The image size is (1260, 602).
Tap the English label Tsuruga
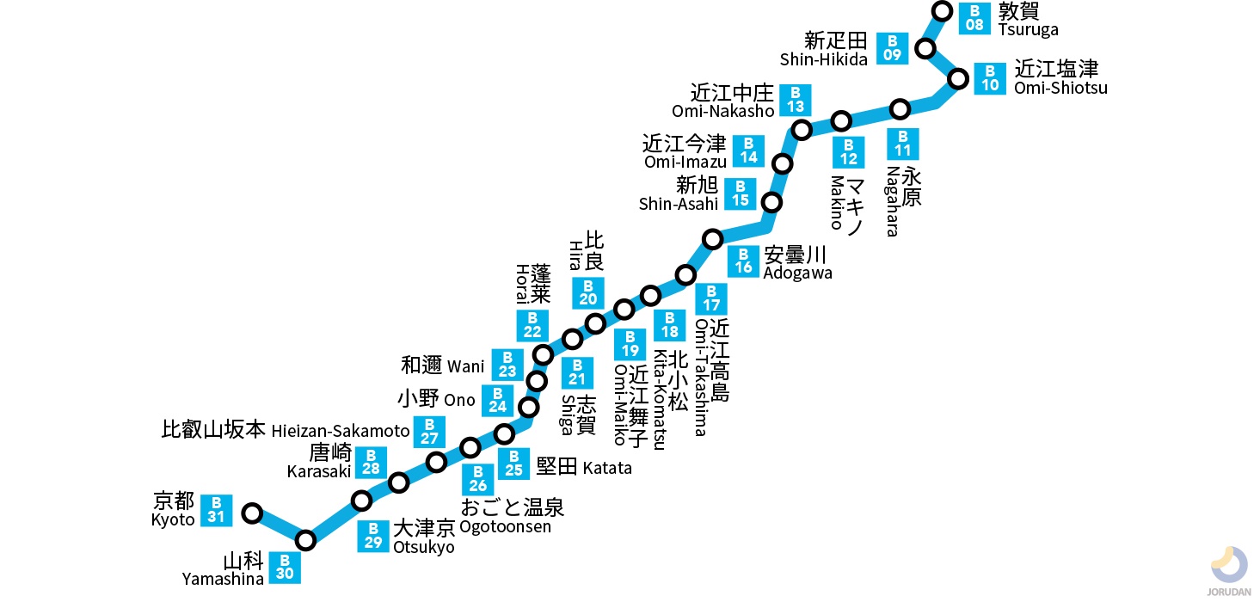(x=1028, y=29)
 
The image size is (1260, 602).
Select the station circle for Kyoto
(x=252, y=513)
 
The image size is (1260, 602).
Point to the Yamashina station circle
(x=305, y=541)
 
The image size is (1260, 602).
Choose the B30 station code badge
(x=285, y=568)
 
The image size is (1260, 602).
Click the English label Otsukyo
(x=423, y=548)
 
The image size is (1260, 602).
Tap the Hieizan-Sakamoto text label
(x=341, y=432)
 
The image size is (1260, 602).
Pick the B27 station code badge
(x=430, y=431)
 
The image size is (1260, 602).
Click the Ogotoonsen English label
(x=505, y=526)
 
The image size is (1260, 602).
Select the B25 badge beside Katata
(x=513, y=464)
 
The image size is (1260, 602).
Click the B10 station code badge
(x=991, y=78)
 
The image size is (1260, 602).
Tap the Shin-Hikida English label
(x=824, y=59)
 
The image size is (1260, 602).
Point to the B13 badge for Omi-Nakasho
(x=796, y=101)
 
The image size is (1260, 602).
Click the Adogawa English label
(x=797, y=273)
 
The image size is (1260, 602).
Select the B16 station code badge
(x=743, y=261)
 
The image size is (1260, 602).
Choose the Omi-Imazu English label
(x=685, y=162)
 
